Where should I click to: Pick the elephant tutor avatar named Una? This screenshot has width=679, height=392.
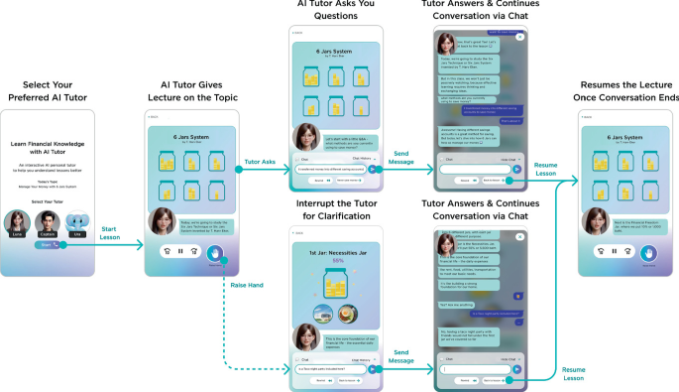(76, 221)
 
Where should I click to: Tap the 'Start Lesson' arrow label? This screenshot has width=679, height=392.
(111, 233)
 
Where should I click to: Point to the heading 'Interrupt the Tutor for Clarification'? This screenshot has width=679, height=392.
(330, 210)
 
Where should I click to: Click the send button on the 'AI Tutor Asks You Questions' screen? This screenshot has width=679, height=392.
(372, 169)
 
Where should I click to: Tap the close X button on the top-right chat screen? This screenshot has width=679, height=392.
(516, 35)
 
